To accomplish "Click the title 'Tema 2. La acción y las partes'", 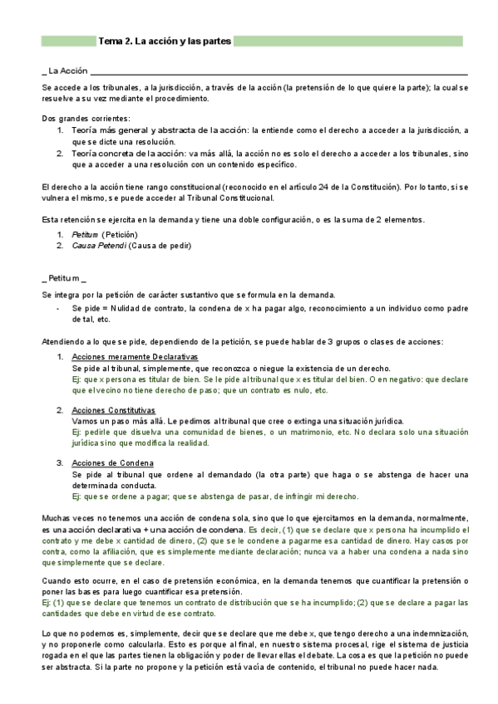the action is (165, 41).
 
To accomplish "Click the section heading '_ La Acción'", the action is (66, 71).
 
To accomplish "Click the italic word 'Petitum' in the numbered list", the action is (85, 235).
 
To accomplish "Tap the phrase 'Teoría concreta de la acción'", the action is (127, 154).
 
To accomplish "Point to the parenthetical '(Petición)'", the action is (120, 235).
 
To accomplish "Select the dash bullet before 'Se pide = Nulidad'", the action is (57, 309).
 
